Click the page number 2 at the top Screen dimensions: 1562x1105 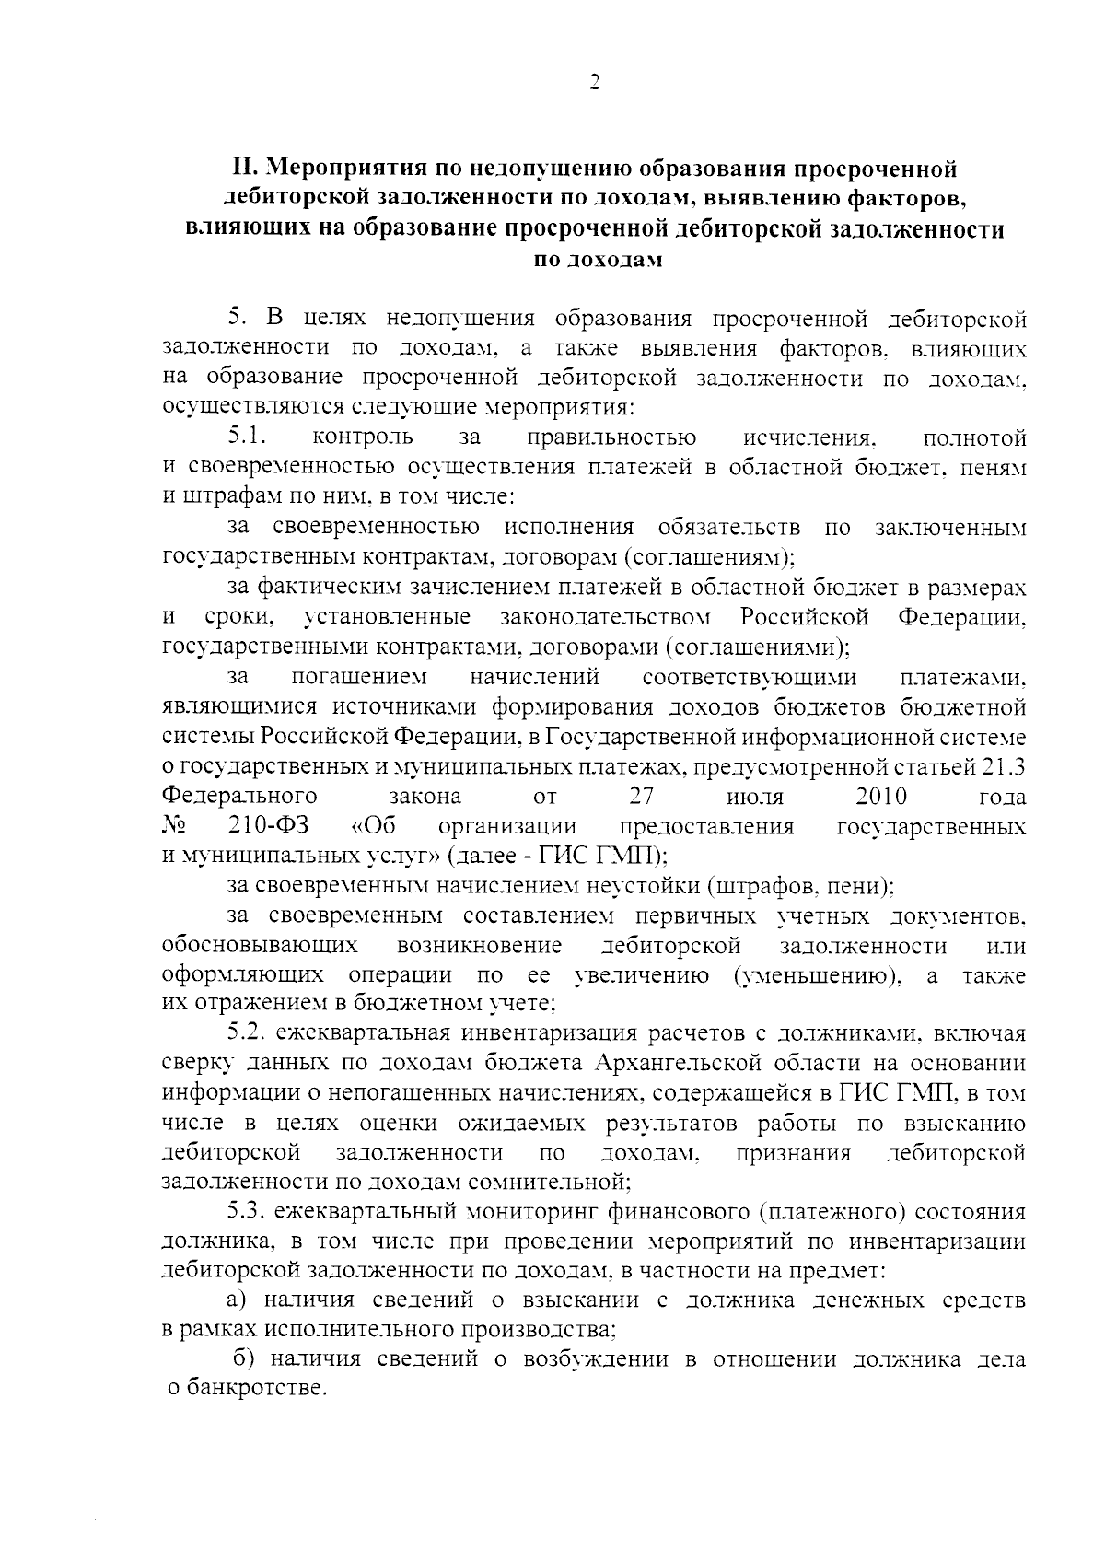594,83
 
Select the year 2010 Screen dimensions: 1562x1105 881,796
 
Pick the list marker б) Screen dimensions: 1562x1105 243,1359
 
